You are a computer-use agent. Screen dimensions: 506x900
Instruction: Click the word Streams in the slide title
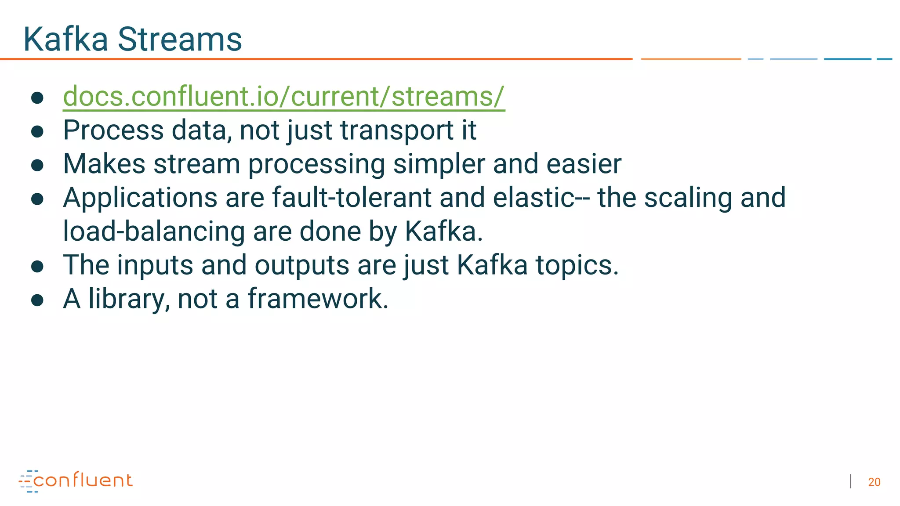180,40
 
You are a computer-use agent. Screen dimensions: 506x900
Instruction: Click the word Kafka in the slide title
66,40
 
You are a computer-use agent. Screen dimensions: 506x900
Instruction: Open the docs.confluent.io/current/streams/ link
284,96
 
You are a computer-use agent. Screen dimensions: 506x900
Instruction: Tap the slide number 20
874,482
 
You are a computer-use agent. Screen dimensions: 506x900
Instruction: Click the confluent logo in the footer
76,481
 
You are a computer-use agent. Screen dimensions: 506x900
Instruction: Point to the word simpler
439,165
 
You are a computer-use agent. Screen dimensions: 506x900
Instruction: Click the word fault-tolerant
352,198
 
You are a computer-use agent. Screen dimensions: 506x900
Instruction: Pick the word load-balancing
154,231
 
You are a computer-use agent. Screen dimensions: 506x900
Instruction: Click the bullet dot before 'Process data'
37,131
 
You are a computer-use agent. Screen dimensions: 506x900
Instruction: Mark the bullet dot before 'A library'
37,300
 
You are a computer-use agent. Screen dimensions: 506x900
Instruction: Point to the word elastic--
541,198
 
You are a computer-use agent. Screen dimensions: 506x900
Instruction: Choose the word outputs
301,266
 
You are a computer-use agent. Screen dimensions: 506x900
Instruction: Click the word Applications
140,199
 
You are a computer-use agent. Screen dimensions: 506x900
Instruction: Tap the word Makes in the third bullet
104,164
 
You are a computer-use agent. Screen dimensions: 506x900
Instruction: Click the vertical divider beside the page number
851,481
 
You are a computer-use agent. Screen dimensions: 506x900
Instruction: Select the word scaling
688,199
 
